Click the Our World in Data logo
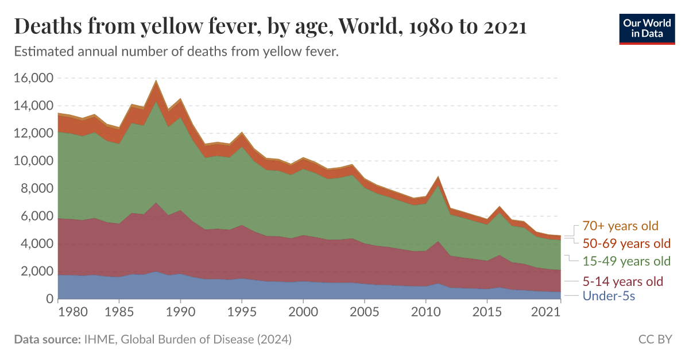[x=647, y=27]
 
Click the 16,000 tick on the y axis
[x=33, y=78]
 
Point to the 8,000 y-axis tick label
[x=36, y=189]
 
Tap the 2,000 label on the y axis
[x=36, y=272]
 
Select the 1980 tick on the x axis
[x=58, y=311]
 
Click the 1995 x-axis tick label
[x=242, y=311]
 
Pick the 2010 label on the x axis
[x=425, y=311]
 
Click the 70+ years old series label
[x=620, y=226]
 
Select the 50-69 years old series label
[x=626, y=243]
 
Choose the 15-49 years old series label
[x=626, y=261]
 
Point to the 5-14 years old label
[x=622, y=281]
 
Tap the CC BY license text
[x=655, y=340]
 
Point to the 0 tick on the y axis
[x=49, y=299]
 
